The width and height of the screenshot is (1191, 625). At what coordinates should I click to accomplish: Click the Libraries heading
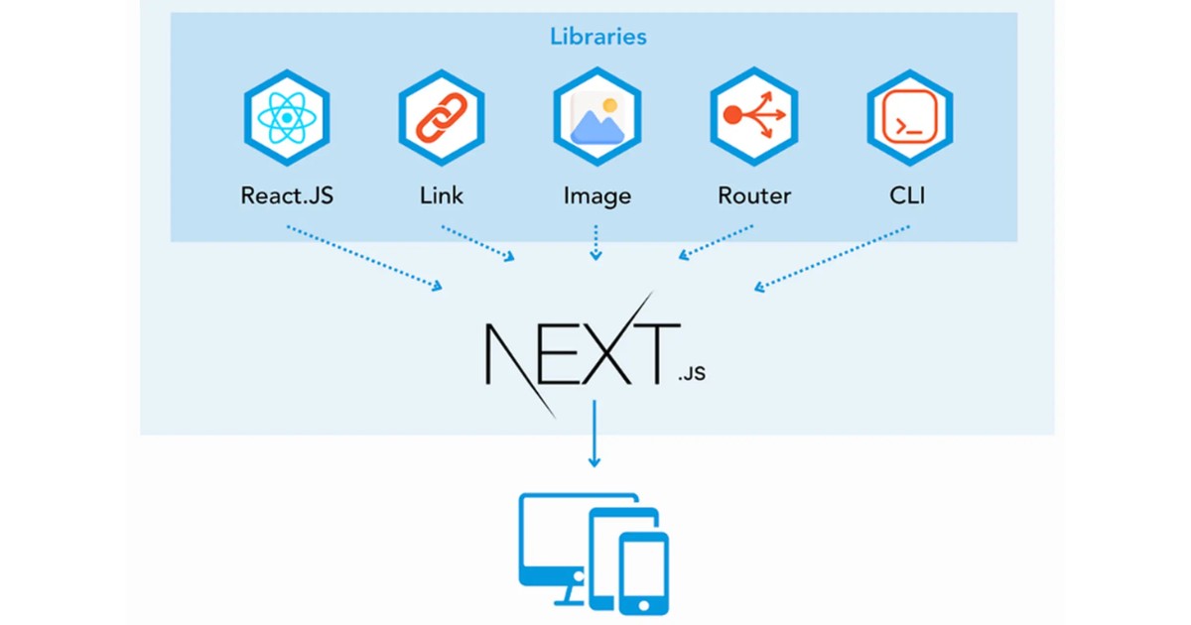pyautogui.click(x=597, y=37)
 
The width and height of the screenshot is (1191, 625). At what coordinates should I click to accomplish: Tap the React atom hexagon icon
pyautogui.click(x=287, y=118)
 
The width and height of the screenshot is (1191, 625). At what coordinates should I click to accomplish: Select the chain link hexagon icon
pyautogui.click(x=442, y=118)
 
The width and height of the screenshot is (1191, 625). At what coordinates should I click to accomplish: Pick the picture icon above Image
pyautogui.click(x=596, y=118)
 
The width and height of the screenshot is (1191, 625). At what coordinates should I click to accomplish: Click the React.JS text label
pyautogui.click(x=287, y=195)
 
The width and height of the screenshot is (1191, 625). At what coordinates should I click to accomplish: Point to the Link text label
pyautogui.click(x=442, y=195)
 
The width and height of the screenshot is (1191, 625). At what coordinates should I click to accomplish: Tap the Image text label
pyautogui.click(x=596, y=195)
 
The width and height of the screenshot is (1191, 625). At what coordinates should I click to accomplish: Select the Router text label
pyautogui.click(x=754, y=195)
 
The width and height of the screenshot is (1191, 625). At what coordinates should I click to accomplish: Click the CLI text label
pyautogui.click(x=908, y=195)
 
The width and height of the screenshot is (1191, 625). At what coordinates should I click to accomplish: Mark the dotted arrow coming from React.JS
pyautogui.click(x=364, y=258)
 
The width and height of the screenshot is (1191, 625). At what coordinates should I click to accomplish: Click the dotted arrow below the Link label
pyautogui.click(x=478, y=243)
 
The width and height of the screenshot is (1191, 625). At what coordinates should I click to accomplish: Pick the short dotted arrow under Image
pyautogui.click(x=595, y=242)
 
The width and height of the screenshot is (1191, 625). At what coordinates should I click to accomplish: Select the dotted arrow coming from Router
pyautogui.click(x=717, y=242)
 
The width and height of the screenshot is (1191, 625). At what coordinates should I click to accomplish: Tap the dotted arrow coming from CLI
pyautogui.click(x=832, y=258)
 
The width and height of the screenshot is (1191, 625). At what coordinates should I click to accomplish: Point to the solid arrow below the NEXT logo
pyautogui.click(x=595, y=433)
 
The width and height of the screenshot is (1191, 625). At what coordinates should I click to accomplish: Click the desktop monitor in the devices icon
pyautogui.click(x=551, y=541)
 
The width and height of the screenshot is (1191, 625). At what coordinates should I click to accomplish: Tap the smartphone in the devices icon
pyautogui.click(x=643, y=573)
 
